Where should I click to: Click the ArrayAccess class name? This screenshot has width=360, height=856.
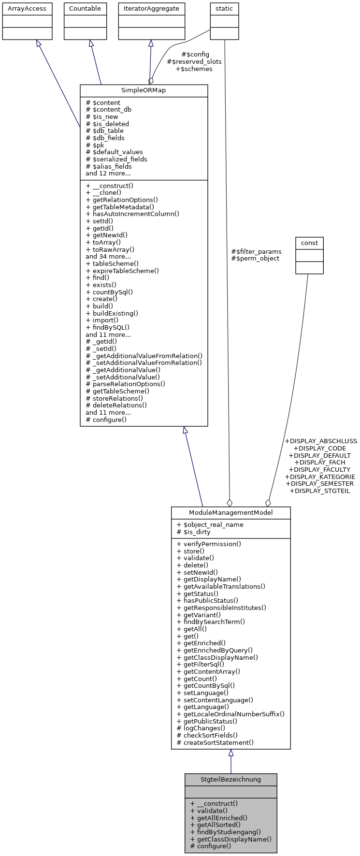pos(27,9)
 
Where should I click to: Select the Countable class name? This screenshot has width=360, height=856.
pos(85,9)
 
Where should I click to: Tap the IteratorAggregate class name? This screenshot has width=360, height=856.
pos(151,9)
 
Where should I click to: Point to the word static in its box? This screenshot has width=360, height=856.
pos(224,9)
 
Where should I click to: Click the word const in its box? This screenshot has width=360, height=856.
pos(309,243)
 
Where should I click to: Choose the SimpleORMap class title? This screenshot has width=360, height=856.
pos(144,91)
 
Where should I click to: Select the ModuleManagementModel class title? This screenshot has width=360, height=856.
pos(230,513)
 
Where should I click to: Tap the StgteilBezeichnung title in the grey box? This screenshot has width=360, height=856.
pos(230,780)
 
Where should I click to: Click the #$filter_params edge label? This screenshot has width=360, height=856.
pos(256,251)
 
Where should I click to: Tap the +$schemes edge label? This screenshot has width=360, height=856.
pos(194,69)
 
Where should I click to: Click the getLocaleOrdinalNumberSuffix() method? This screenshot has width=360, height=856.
pos(230,714)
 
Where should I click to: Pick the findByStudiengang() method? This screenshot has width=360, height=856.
pos(226,832)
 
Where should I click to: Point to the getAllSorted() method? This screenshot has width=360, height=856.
pos(216,825)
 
